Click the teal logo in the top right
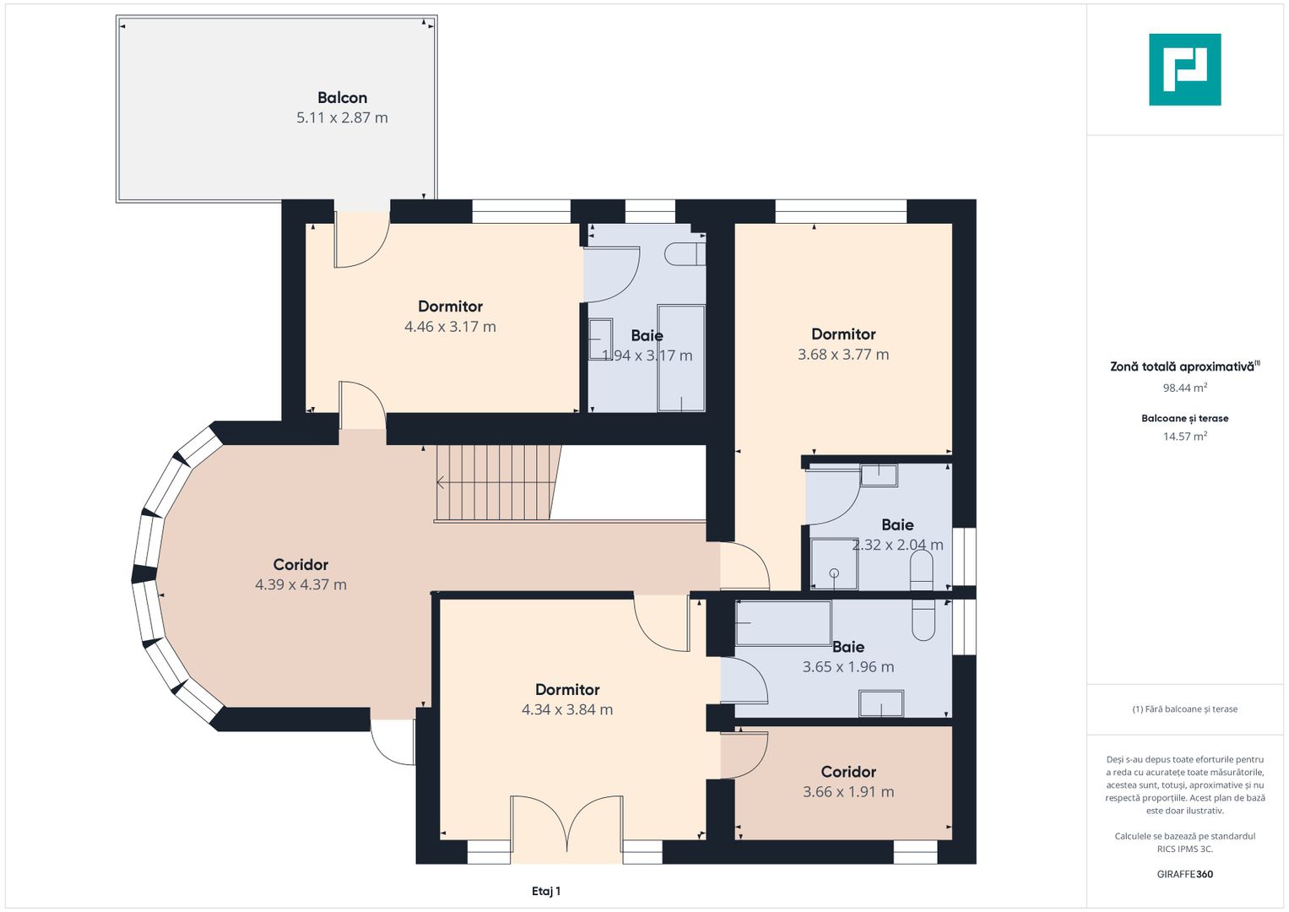coord(1184,69)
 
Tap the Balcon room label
coord(342,98)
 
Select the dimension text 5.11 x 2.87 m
coord(342,118)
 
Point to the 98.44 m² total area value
coord(1184,388)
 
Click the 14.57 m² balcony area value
coord(1184,437)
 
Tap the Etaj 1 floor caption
coord(546,891)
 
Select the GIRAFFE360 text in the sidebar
coord(1184,874)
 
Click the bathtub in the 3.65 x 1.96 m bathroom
coord(783,623)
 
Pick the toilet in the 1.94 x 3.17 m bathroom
coord(685,253)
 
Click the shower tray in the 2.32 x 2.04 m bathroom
coord(833,564)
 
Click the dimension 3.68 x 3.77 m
coord(843,355)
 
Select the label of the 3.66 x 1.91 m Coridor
coord(848,772)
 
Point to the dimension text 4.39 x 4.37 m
coord(301,584)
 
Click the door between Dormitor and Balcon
coord(361,241)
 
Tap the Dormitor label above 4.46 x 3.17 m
coord(450,307)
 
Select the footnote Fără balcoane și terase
coord(1184,709)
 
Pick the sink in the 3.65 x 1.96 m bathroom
coord(880,703)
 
